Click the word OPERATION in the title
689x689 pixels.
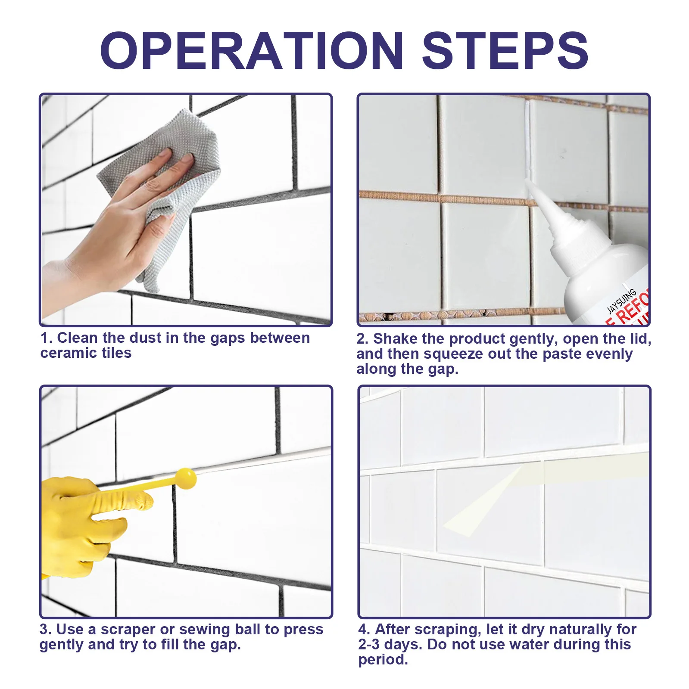pyautogui.click(x=252, y=51)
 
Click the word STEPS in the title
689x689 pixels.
pyautogui.click(x=505, y=51)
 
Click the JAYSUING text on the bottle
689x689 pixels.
pyautogui.click(x=621, y=301)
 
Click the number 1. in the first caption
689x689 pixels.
pyautogui.click(x=47, y=338)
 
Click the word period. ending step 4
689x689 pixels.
pyautogui.click(x=383, y=660)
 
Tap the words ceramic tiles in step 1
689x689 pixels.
pyautogui.click(x=86, y=353)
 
